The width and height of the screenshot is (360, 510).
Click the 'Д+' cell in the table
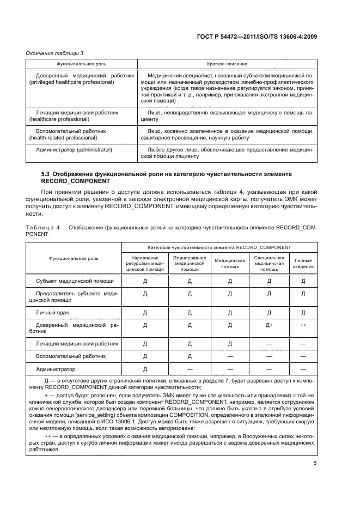(x=269, y=325)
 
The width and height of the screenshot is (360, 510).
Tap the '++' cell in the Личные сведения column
(x=303, y=325)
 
